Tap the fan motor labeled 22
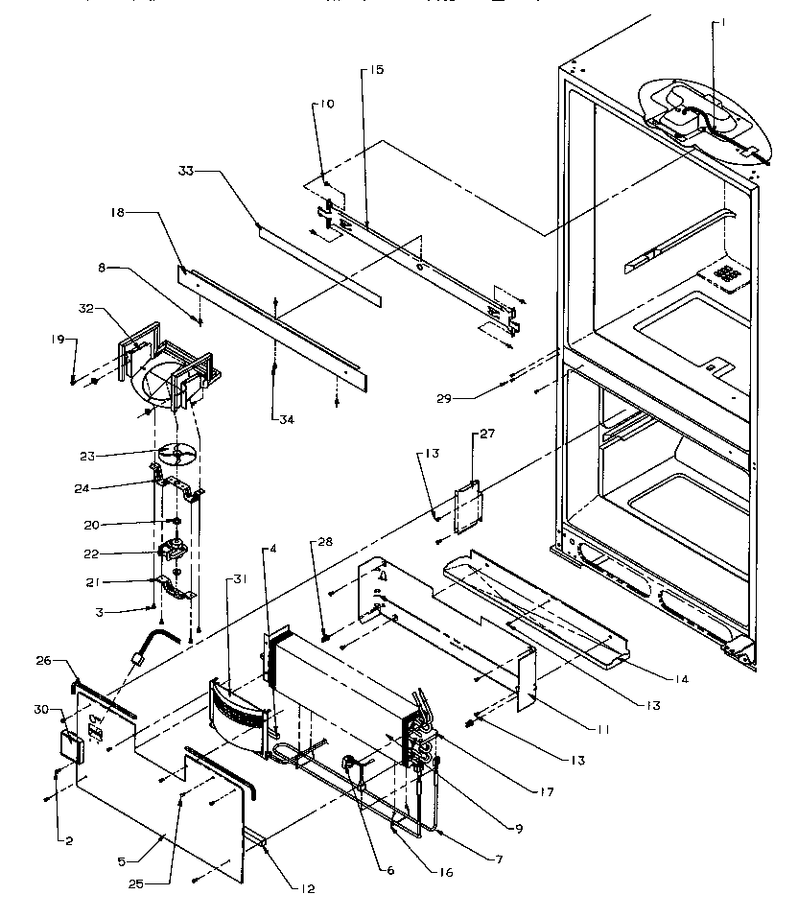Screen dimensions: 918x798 point(174,553)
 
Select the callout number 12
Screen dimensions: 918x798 point(307,888)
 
